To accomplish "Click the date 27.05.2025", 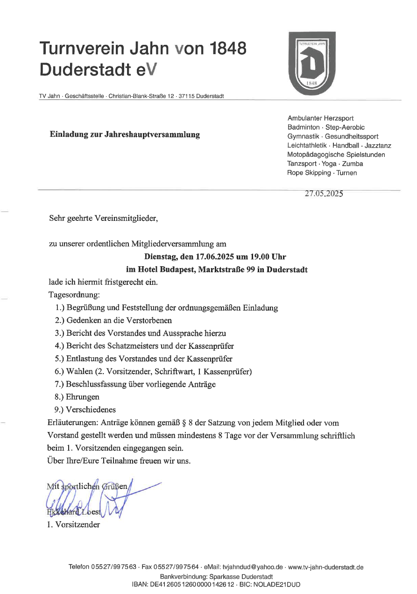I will coord(324,194).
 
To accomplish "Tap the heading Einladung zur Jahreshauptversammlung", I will coord(125,134).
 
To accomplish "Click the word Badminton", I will coord(304,127).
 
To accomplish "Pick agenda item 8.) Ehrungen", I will coord(77,397).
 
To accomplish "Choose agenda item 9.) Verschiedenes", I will coord(85,410).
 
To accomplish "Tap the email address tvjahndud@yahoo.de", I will coord(253,567).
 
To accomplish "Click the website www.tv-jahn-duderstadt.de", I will coord(326,567).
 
